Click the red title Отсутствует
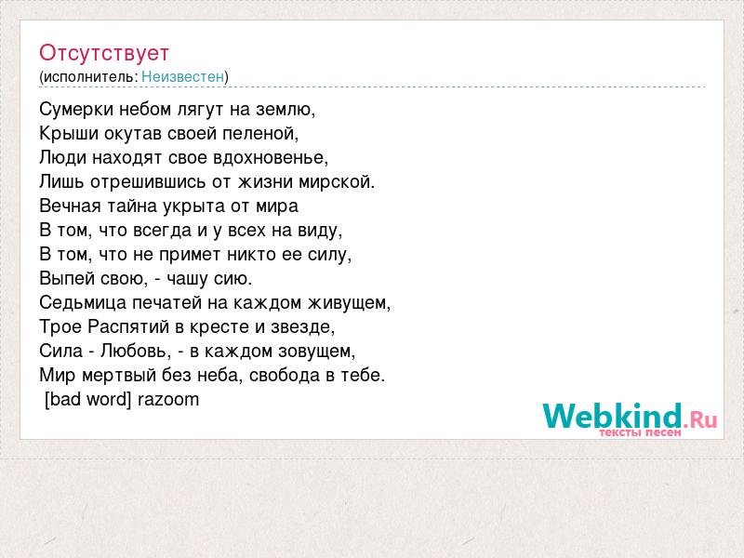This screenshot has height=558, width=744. click(104, 53)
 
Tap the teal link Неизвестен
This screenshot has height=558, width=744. click(182, 76)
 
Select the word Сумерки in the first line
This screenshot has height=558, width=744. click(76, 110)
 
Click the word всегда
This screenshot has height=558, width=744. click(163, 231)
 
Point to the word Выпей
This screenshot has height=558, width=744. click(63, 278)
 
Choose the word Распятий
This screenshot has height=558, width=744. click(128, 327)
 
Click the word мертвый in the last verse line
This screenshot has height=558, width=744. click(119, 376)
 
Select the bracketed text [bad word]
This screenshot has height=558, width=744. click(87, 400)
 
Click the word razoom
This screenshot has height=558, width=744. click(168, 400)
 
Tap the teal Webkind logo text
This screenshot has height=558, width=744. click(612, 416)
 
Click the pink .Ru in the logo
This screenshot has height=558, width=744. click(700, 419)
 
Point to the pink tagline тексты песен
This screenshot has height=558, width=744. click(640, 432)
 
